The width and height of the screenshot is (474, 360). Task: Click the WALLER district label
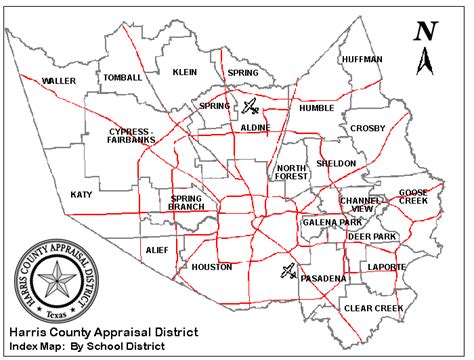pos(58,81)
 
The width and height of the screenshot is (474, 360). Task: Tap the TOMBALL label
pos(123,77)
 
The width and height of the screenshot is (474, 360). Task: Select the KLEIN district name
pos(185,72)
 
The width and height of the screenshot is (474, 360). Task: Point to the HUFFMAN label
pos(361,59)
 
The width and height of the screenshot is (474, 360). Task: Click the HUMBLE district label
pos(316,107)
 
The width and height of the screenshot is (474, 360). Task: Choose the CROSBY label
pos(368,128)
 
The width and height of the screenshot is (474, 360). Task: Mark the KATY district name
pos(81,195)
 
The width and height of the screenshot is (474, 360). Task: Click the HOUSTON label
pos(211,267)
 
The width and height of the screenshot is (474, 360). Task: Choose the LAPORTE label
pos(387,267)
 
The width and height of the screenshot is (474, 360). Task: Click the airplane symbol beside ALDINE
pos(251,106)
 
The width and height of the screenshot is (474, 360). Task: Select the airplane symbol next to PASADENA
pos(288,270)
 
